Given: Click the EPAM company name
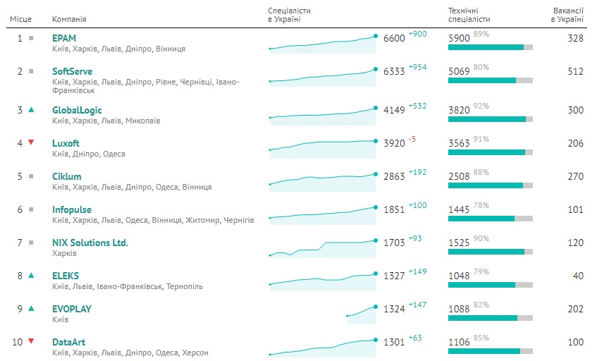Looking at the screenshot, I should pos(63,37).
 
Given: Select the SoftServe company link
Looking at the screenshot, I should pos(72,71).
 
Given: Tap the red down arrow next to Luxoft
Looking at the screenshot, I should pos(31,142).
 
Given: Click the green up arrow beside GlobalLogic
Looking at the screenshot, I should pos(31,109).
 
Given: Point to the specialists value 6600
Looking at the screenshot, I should pos(394,38).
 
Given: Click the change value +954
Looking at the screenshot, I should pos(418,67).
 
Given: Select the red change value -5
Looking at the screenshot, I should pos(412,139).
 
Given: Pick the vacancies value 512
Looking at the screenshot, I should pos(575,71).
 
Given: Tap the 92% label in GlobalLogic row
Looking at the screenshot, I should pos(481,106).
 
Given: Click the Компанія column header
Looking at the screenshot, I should pos(70,19).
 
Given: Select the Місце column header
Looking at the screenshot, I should pos(19,19).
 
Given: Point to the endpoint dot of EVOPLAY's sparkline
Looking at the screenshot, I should pos(375,305).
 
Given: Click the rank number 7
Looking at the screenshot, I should pos(20,243).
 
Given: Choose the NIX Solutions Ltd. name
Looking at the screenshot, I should pos(90,243).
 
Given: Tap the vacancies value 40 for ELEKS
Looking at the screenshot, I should pos(578,276).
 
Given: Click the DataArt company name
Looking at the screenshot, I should pos(68,341).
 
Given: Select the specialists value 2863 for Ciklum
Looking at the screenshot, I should pos(394,176).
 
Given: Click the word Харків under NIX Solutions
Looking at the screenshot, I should pos(64,253).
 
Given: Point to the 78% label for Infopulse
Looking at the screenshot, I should pos(481,205).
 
